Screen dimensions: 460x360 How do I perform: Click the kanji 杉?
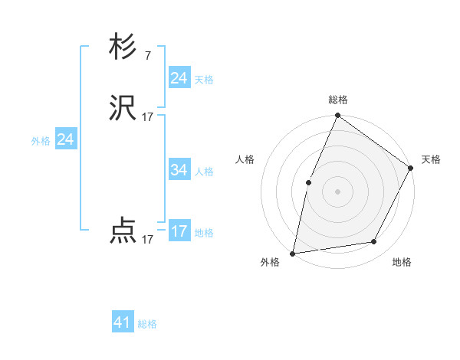123,47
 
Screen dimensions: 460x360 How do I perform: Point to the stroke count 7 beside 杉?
147,55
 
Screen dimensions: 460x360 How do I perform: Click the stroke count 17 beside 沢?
148,117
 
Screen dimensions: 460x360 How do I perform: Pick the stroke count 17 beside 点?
148,239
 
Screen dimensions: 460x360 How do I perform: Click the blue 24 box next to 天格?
179,78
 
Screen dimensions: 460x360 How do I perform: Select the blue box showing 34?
179,170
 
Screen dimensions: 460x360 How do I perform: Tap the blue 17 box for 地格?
179,231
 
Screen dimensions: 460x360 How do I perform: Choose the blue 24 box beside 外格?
66,139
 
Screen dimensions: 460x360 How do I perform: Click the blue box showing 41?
123,322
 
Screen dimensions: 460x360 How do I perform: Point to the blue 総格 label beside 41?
147,324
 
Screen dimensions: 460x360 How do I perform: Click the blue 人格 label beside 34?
204,172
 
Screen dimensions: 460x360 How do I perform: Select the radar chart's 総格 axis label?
337,100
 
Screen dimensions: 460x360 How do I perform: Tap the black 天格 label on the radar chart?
431,159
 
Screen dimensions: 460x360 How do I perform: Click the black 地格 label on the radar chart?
402,262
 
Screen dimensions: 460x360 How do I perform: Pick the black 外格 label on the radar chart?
270,262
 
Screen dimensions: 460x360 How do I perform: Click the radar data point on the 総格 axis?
337,116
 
